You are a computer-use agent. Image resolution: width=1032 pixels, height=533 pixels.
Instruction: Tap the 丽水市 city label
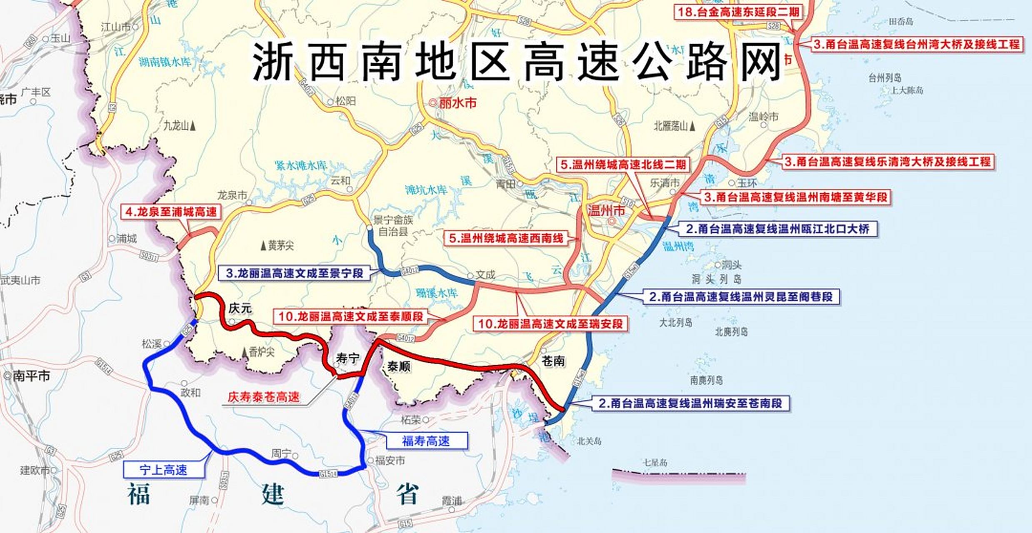click(x=457, y=103)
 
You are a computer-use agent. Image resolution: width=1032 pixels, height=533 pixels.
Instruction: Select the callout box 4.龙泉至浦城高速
click(x=171, y=212)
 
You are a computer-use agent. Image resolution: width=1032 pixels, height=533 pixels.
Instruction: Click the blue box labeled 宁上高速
click(x=164, y=470)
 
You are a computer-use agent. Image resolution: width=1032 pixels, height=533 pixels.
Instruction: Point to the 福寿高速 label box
click(x=426, y=441)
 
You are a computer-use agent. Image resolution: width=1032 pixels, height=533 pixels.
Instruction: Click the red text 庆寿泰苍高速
click(x=264, y=397)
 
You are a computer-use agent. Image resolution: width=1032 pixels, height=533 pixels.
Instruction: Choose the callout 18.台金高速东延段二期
click(x=738, y=12)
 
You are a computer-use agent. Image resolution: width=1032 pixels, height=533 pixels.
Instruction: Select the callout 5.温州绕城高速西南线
click(x=506, y=239)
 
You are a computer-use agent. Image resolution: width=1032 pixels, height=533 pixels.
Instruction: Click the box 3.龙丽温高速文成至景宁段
click(x=295, y=273)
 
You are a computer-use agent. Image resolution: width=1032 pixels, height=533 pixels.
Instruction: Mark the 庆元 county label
click(x=240, y=309)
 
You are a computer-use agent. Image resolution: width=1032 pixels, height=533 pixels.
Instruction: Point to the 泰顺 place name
click(x=399, y=366)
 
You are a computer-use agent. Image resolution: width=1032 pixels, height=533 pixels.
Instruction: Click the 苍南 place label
click(x=553, y=361)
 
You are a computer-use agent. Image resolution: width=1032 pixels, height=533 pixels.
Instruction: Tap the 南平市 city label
click(x=31, y=376)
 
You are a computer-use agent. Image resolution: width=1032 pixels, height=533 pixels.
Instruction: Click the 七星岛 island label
click(x=655, y=463)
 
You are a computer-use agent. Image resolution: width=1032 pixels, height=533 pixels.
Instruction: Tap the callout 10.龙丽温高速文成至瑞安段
click(x=550, y=324)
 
